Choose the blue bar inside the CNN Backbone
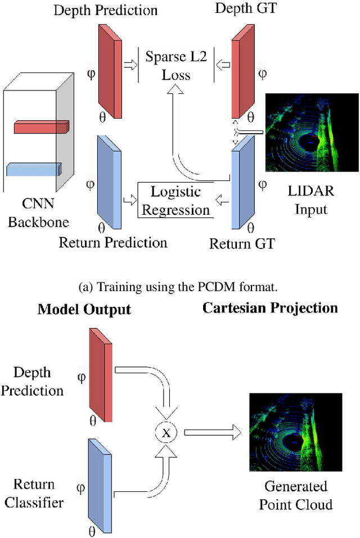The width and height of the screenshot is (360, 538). pyautogui.click(x=34, y=169)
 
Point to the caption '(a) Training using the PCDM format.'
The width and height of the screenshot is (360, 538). pyautogui.click(x=179, y=288)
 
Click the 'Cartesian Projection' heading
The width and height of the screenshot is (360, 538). pyautogui.click(x=270, y=308)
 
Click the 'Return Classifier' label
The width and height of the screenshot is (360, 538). pyautogui.click(x=34, y=493)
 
